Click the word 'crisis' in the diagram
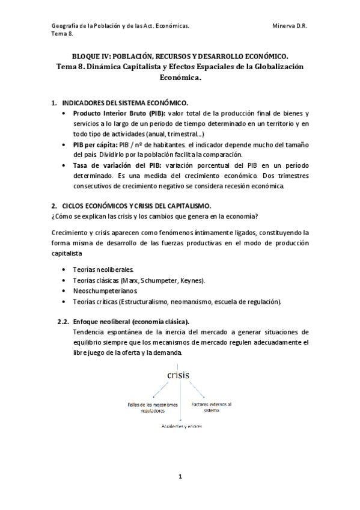[x=174, y=376]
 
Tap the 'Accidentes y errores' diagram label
[x=181, y=426]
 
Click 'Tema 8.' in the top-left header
[x=62, y=34]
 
